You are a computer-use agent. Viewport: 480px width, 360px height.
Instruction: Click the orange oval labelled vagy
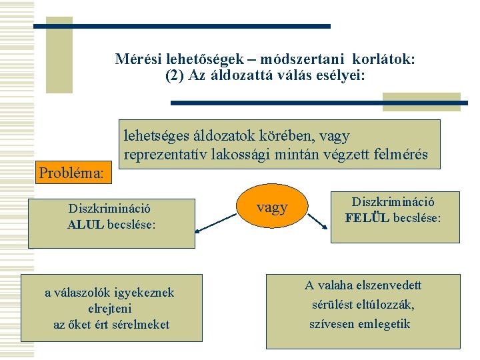tap(272, 207)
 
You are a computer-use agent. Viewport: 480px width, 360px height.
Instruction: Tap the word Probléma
tap(71, 173)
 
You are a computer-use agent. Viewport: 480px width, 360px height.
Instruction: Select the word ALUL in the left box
tap(85, 225)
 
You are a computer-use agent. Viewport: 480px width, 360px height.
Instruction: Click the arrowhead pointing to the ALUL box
tap(198, 231)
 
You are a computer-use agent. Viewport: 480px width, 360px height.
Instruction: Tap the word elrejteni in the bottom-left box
tap(110, 309)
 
